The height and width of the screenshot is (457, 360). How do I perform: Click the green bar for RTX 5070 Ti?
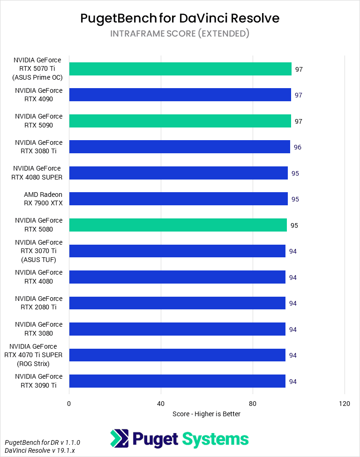180,69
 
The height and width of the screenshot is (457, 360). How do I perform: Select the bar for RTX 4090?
180,95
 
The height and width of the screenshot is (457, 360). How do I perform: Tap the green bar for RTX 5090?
180,121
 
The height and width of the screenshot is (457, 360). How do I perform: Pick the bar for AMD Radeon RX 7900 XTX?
178,199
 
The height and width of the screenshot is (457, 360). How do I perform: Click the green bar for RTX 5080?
178,225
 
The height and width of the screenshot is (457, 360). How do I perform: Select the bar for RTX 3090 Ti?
177,381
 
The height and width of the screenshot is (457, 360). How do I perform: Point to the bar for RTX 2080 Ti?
177,303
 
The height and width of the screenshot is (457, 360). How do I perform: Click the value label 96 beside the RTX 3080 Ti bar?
298,147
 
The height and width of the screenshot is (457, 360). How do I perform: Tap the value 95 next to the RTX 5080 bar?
294,225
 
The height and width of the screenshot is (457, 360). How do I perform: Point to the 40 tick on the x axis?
161,404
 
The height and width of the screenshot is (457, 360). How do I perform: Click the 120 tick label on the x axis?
345,404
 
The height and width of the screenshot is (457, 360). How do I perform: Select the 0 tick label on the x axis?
69,404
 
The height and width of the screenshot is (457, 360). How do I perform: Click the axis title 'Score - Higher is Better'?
206,414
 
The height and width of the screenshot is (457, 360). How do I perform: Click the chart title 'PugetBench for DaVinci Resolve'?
180,18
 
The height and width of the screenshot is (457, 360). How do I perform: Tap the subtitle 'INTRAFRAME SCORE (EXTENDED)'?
180,34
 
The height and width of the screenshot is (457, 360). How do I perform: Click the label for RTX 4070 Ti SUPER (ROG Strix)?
33,355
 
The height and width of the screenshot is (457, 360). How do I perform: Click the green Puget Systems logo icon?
119,439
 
